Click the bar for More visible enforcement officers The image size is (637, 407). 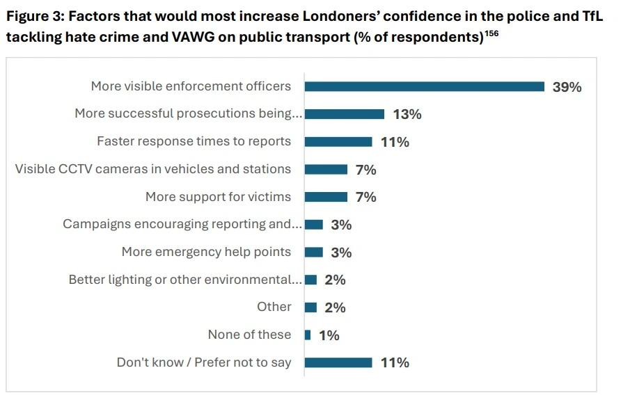425,87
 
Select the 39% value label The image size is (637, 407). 567,87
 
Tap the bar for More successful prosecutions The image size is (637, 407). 345,114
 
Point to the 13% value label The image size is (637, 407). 407,114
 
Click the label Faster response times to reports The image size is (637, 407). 194,141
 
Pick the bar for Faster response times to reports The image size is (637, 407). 338,142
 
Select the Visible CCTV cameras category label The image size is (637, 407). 153,169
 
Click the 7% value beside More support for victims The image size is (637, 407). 365,197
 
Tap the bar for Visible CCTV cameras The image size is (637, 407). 326,169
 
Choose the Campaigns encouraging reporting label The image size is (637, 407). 182,224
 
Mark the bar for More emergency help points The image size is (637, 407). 314,252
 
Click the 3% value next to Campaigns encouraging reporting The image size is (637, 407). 341,225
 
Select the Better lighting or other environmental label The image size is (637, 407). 185,280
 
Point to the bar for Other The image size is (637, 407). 311,307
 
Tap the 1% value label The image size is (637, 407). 329,335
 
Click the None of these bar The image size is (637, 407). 308,335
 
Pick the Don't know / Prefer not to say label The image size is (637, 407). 203,362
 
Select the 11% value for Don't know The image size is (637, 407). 394,362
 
